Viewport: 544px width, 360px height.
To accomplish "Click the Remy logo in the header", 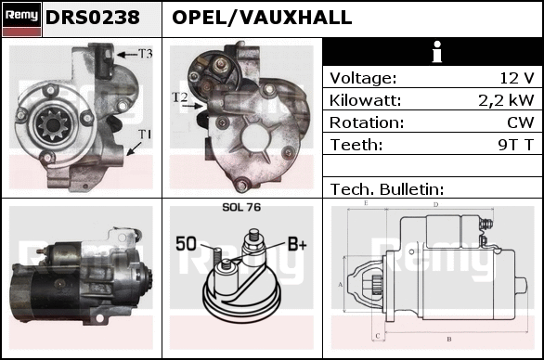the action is pyautogui.click(x=22, y=19).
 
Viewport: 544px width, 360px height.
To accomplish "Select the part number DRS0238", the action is pyautogui.click(x=93, y=18).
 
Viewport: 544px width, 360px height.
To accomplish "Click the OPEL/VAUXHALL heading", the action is pyautogui.click(x=262, y=18).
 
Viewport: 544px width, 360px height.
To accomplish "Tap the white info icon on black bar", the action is pyautogui.click(x=437, y=52).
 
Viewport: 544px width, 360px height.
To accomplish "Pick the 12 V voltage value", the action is pyautogui.click(x=516, y=78).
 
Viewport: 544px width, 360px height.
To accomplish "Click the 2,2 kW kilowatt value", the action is pyautogui.click(x=506, y=100).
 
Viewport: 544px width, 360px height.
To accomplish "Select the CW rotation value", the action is pyautogui.click(x=521, y=122).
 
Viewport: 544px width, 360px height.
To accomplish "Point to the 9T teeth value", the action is pyautogui.click(x=508, y=145).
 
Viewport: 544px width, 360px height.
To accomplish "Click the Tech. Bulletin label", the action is pyautogui.click(x=387, y=189).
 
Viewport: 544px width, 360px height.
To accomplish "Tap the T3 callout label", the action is pyautogui.click(x=146, y=54).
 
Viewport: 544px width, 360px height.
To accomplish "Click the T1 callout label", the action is pyautogui.click(x=145, y=135).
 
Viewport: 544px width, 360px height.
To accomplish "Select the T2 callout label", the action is pyautogui.click(x=180, y=97).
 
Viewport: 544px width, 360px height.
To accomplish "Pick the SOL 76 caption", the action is pyautogui.click(x=241, y=207).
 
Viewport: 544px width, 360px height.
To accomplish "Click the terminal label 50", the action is pyautogui.click(x=186, y=243).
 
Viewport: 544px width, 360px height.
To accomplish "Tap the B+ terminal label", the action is pyautogui.click(x=297, y=244).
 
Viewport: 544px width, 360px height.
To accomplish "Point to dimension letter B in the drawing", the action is pyautogui.click(x=449, y=339).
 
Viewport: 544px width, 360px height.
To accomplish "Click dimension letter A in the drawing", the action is pyautogui.click(x=341, y=285).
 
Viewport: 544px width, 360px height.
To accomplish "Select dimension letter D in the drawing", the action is pyautogui.click(x=436, y=205).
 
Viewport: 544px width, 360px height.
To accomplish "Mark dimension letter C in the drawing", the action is pyautogui.click(x=378, y=336).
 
